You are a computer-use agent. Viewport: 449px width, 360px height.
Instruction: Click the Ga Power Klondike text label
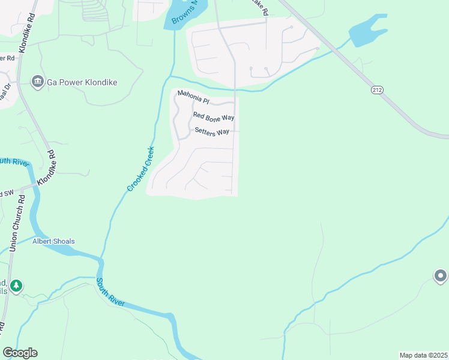(82, 82)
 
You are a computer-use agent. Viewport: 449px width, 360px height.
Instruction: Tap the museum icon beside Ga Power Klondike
(37, 82)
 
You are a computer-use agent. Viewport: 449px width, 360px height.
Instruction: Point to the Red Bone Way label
(213, 116)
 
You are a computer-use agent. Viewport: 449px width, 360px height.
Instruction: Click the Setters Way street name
(212, 132)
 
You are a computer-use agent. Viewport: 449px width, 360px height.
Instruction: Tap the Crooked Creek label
(141, 169)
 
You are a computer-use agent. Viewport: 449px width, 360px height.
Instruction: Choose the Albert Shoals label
(54, 241)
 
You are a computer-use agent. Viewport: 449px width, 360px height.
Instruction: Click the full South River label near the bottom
(111, 292)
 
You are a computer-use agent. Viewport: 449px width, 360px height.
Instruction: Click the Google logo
(20, 353)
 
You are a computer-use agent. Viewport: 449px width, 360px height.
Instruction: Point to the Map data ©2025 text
(423, 355)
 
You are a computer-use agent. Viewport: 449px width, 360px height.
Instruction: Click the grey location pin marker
(441, 276)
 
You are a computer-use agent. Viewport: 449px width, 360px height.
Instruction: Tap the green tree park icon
(17, 285)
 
